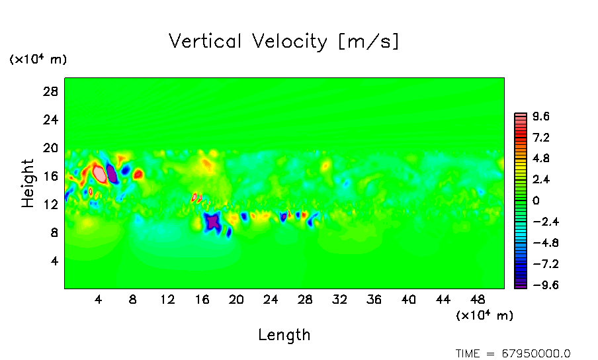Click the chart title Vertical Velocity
[284, 42]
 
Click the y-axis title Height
[28, 183]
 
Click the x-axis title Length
[284, 335]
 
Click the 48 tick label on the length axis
[478, 299]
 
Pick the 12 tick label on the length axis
[167, 299]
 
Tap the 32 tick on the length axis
[340, 299]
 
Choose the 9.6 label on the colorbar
[541, 116]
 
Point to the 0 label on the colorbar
[536, 201]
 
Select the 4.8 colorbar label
[541, 159]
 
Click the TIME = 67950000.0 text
[513, 353]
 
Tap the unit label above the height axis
[38, 60]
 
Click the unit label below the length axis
[484, 316]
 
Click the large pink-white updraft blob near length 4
[100, 174]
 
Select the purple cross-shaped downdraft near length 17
[212, 222]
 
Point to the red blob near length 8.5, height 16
[138, 175]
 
